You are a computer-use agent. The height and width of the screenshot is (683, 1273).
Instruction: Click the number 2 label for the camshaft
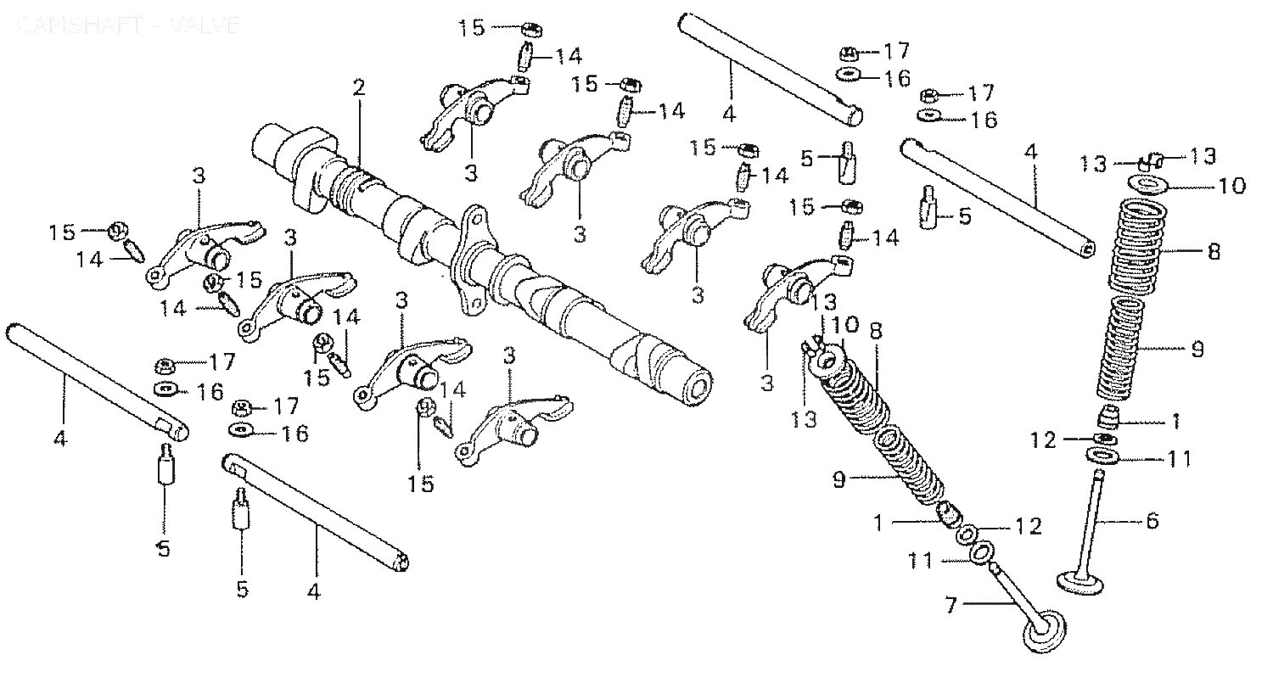(x=359, y=87)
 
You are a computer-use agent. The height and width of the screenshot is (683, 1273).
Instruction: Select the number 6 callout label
(x=1152, y=520)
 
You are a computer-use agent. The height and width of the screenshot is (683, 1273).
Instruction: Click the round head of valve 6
(x=1079, y=583)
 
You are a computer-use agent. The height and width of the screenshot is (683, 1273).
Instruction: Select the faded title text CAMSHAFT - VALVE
(x=127, y=25)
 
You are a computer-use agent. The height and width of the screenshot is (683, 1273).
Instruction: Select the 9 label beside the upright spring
(x=1197, y=348)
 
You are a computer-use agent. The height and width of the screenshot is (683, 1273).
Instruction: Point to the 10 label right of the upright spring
(x=1232, y=185)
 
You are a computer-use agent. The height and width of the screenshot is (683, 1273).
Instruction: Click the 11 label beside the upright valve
(x=1179, y=459)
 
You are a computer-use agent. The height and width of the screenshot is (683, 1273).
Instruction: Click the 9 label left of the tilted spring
(x=839, y=479)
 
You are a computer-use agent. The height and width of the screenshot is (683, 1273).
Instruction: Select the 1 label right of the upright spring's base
(x=1175, y=419)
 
